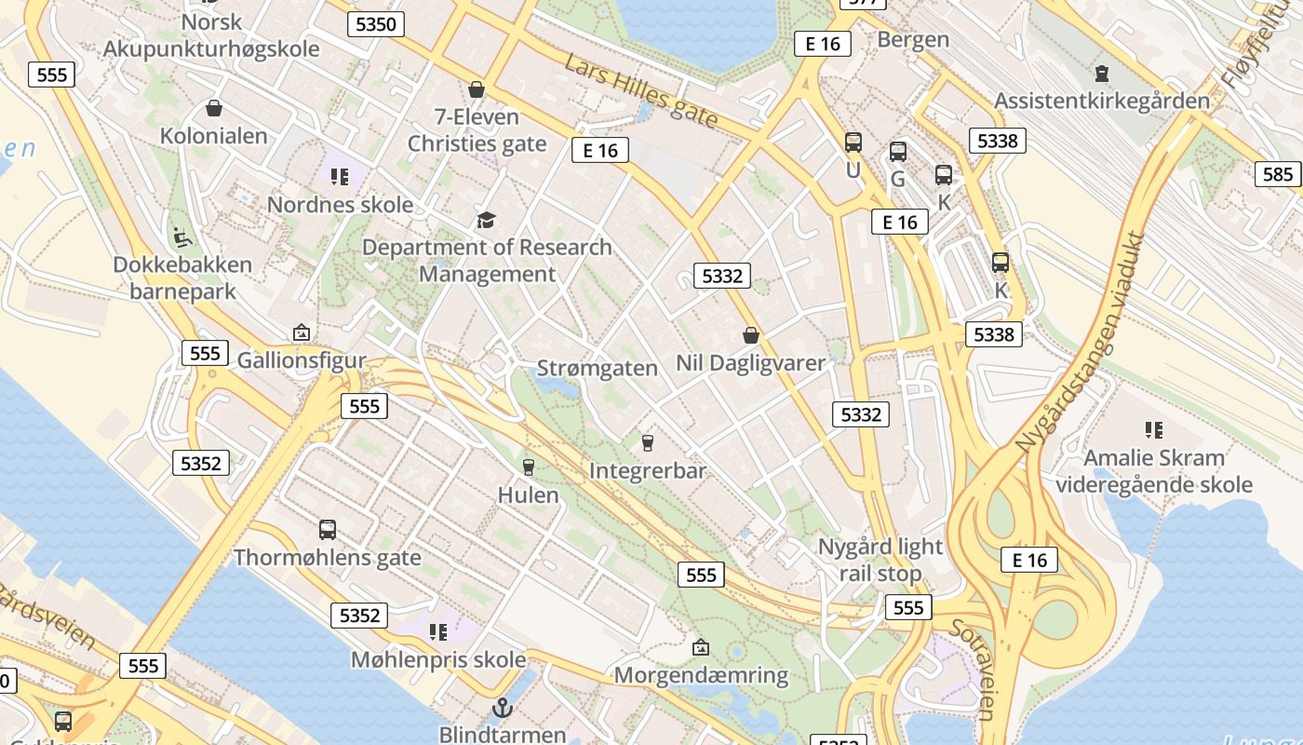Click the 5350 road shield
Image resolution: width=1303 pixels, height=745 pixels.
[376, 24]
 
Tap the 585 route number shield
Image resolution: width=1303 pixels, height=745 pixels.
[1278, 174]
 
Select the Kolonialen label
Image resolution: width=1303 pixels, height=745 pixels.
[214, 136]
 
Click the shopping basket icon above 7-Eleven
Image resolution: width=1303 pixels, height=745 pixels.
[477, 89]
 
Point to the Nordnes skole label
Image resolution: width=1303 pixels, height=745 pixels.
[340, 205]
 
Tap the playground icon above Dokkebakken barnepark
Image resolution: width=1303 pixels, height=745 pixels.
[182, 237]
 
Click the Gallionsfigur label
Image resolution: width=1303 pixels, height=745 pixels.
[302, 360]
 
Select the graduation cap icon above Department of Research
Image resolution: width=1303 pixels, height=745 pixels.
[486, 220]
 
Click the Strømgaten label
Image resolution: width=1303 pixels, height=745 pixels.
[598, 369]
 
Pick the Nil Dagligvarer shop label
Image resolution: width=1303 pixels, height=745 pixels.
[750, 363]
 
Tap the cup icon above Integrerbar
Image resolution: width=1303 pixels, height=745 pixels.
[648, 442]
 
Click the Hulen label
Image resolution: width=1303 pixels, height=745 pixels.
[529, 494]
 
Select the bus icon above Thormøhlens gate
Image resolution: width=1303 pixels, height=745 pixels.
[328, 530]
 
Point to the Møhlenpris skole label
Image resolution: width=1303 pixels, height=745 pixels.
[438, 660]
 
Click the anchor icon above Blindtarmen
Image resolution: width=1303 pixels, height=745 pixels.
[503, 708]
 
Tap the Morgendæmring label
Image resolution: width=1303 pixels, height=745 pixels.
[701, 675]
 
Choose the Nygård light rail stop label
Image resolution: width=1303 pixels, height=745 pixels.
[880, 560]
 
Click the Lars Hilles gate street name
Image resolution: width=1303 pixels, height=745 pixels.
[641, 90]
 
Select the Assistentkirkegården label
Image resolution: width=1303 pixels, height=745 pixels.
[1102, 101]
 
